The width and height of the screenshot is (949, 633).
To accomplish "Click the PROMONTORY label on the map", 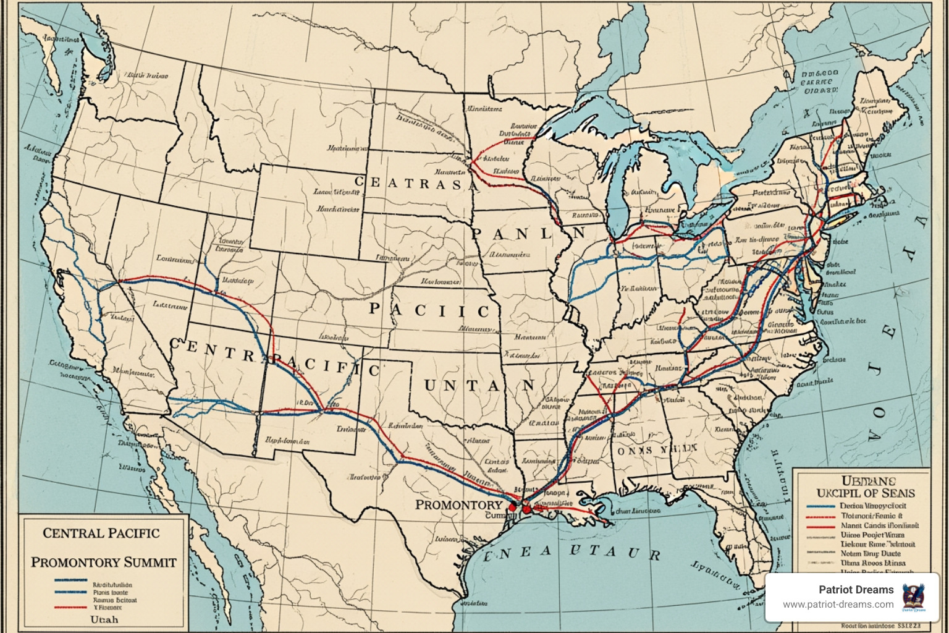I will click(x=458, y=504).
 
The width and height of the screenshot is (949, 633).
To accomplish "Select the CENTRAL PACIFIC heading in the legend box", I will click(x=101, y=533).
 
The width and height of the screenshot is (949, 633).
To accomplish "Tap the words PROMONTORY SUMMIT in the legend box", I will click(x=104, y=562).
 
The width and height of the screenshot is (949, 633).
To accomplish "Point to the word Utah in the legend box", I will click(x=104, y=619).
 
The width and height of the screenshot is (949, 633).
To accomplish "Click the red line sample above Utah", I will click(x=69, y=607).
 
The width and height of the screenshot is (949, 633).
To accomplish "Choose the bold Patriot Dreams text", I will click(x=856, y=590).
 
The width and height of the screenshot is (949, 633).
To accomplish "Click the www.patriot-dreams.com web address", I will click(x=838, y=605).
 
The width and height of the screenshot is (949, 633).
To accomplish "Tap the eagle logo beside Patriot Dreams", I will click(x=913, y=597).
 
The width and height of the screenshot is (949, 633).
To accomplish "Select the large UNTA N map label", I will click(x=479, y=385).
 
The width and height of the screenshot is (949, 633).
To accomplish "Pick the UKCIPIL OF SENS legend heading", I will click(x=866, y=493).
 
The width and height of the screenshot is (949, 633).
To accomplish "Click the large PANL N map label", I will click(x=528, y=234).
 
